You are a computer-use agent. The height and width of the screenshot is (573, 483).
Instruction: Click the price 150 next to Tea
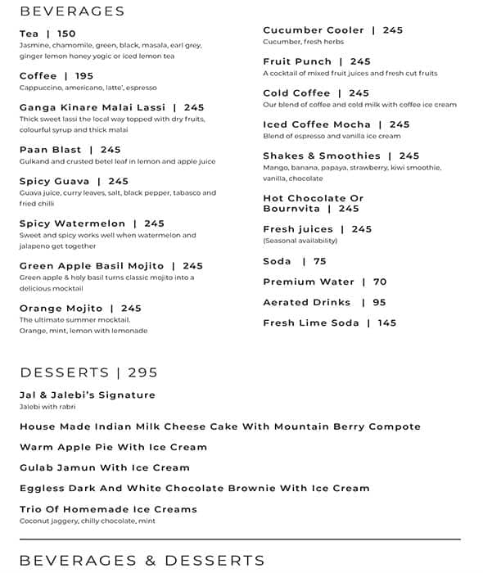pos(66,34)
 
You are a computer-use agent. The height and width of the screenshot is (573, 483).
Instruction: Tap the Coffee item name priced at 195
pos(38,76)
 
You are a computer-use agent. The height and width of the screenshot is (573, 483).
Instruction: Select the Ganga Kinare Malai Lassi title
pos(93,107)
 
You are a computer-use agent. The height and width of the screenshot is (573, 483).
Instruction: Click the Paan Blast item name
pos(51,150)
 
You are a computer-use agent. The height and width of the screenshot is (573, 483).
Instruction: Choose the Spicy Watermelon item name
pos(73,223)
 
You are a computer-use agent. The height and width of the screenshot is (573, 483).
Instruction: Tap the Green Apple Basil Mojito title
pos(92,266)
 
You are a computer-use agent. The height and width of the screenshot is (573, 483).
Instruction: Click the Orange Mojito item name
pos(61,309)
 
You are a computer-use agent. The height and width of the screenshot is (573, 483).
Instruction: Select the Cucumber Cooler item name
pos(314,30)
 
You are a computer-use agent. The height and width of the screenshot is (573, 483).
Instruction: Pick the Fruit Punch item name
pos(297,61)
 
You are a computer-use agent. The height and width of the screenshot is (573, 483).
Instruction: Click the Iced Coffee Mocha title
pos(317,124)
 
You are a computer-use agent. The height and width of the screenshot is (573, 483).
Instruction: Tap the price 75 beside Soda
pos(319,261)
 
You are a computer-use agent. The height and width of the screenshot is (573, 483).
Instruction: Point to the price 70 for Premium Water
pos(380,282)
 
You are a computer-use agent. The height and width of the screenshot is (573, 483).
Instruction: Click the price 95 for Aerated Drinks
pos(379,302)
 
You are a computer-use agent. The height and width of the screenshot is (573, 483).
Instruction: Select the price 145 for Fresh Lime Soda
pos(387,323)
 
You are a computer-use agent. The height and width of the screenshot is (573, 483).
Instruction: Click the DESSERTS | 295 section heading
pos(88,372)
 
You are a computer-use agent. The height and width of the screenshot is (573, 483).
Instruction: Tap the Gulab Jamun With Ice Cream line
pos(105,467)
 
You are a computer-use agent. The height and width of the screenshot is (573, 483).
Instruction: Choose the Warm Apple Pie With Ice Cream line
pos(113,447)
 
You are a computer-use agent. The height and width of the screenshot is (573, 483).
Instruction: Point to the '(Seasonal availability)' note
pos(300,241)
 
